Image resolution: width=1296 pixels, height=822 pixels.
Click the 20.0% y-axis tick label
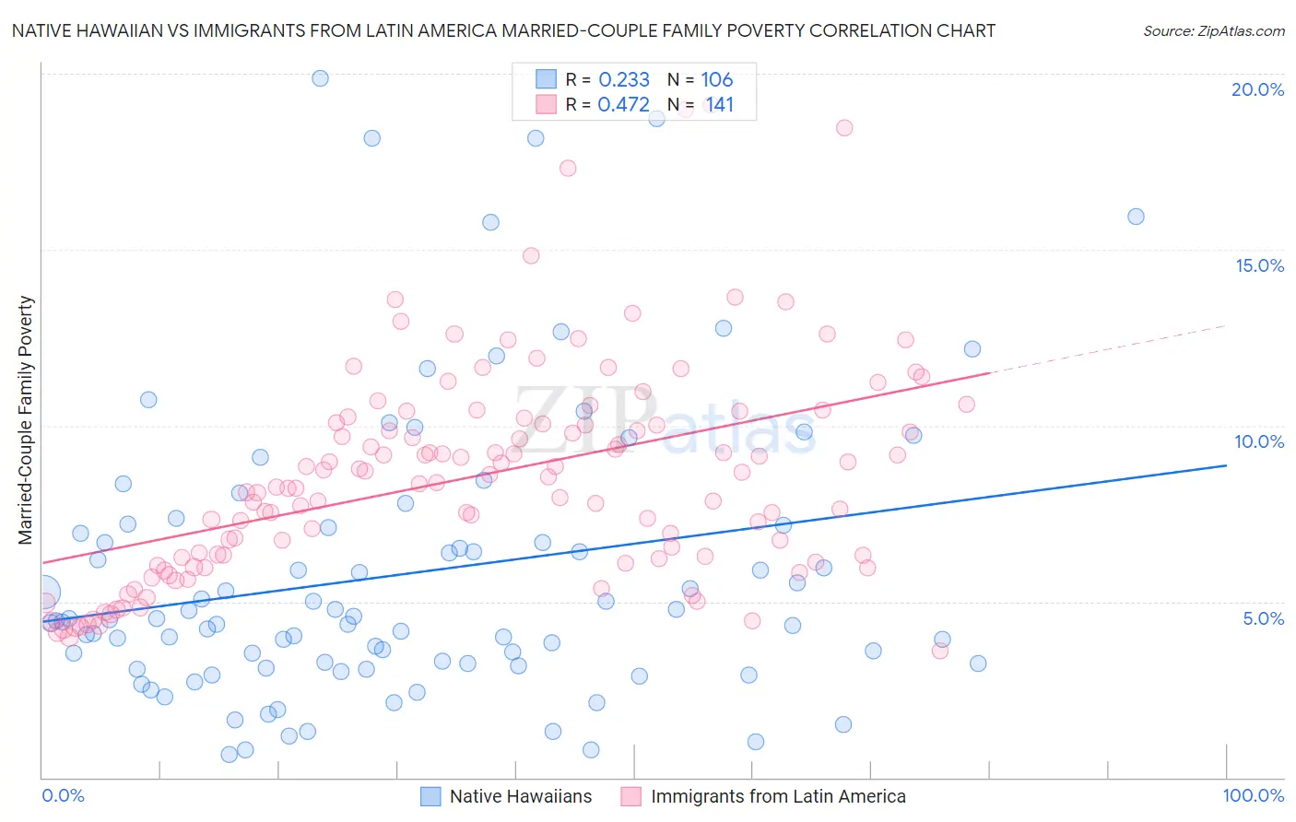pos(1257,89)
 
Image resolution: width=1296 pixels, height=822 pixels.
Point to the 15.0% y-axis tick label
pos(1259,265)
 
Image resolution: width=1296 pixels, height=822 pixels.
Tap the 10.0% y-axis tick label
pos(1259,441)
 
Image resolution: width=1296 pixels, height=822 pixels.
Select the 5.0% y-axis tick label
pos(1263,618)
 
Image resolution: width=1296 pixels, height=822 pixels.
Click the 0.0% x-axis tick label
pos(63,795)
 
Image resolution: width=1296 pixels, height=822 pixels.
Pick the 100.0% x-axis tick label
pos(1253,795)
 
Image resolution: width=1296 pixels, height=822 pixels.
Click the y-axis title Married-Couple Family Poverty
pos(26,419)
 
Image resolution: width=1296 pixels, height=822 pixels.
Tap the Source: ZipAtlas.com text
pos(1213,31)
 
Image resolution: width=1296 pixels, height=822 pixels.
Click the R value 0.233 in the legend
pos(624,79)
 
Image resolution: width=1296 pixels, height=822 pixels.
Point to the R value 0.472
pos(624,104)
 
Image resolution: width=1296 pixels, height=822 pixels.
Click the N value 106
pos(716,79)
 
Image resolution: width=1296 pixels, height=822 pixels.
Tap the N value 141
pos(719,104)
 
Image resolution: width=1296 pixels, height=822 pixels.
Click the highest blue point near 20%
pos(320,78)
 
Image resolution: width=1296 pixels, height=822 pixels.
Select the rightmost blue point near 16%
pos(1136,217)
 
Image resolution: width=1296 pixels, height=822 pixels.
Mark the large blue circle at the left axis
pos(44,593)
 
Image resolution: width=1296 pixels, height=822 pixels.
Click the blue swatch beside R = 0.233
pos(547,79)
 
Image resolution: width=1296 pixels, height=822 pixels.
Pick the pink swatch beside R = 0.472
pos(547,104)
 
